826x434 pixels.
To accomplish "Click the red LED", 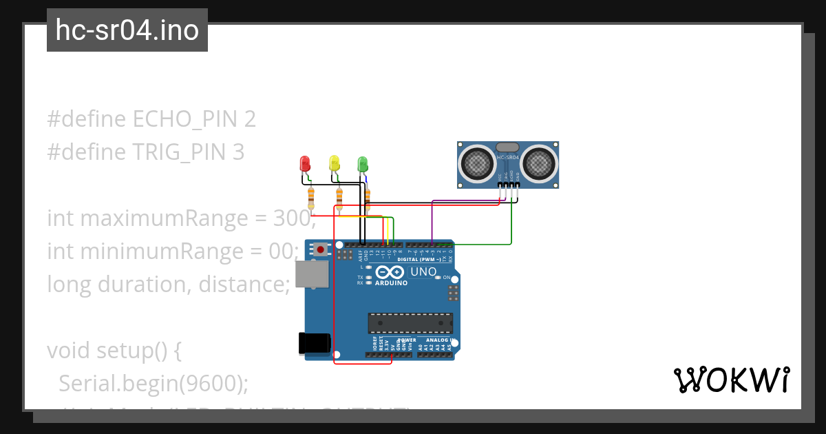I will pos(305,163).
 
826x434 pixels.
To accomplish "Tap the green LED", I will pos(363,163).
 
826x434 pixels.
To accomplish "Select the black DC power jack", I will pos(314,343).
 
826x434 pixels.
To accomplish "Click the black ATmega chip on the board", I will pos(410,323).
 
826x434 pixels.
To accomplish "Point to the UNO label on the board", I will pos(423,271).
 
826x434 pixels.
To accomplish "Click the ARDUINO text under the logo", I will pos(391,283).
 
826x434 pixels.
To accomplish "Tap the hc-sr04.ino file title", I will pos(127,30).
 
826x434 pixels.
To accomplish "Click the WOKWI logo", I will pos(731,380).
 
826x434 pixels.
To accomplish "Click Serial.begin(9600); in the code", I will pos(153,383).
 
